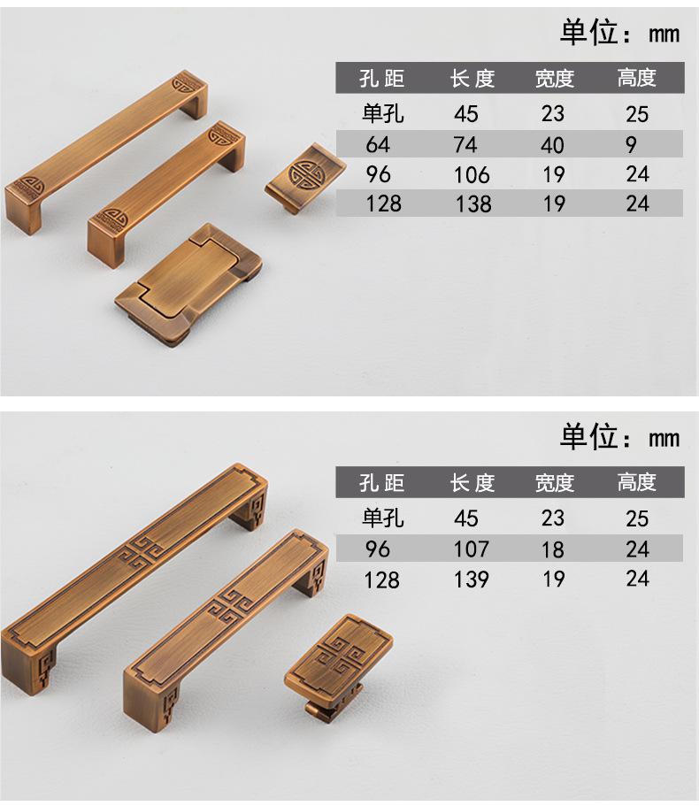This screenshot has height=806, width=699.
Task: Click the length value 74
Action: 465,144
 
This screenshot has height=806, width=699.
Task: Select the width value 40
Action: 552,145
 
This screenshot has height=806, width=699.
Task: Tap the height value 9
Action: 631,145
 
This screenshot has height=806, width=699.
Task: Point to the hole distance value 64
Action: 378,144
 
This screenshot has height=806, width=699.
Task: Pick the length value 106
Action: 472,175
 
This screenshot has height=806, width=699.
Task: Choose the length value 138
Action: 473,204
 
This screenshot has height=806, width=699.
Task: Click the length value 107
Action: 471,549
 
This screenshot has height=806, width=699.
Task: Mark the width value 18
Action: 552,549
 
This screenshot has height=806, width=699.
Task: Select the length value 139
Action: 471,580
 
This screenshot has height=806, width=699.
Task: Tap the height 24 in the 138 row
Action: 637,203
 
